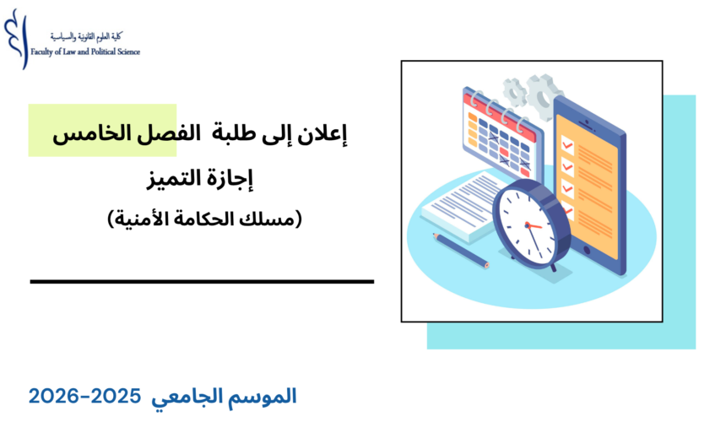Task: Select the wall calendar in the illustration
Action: pyautogui.click(x=498, y=135)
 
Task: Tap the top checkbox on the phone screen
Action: pyautogui.click(x=568, y=145)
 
